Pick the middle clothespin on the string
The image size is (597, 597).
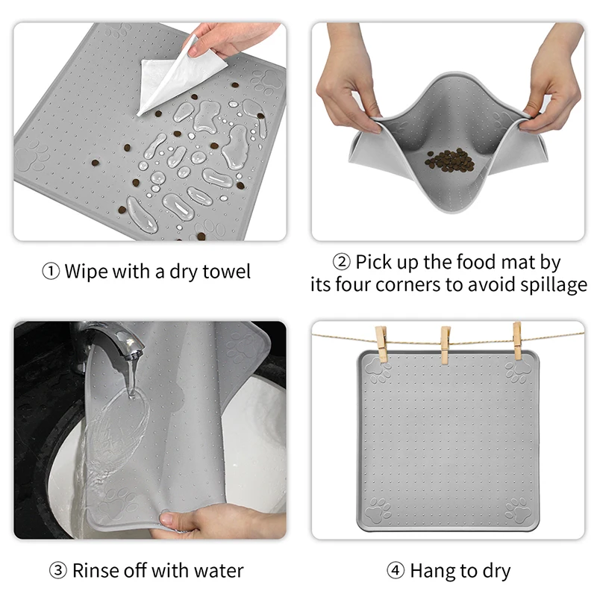click(x=446, y=346)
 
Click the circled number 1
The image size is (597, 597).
click(x=51, y=271)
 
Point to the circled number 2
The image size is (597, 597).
click(x=341, y=263)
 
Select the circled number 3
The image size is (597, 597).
click(x=58, y=572)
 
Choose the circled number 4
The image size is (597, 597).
click(x=395, y=572)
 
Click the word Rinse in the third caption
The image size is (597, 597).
click(x=96, y=571)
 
